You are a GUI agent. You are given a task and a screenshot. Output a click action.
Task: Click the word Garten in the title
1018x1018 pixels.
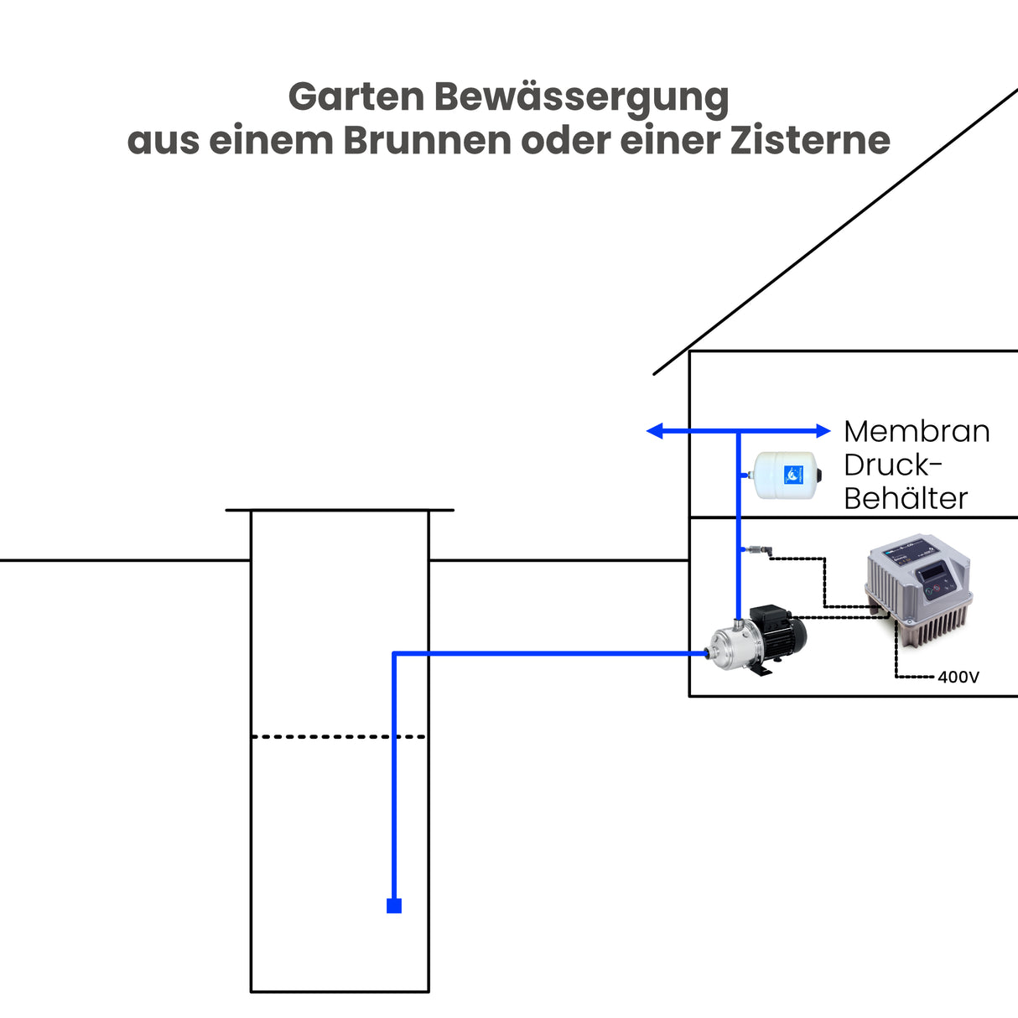point(356,97)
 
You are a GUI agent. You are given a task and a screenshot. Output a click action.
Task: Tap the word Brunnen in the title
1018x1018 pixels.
point(427,140)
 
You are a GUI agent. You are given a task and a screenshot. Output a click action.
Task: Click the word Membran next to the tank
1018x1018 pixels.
point(917,431)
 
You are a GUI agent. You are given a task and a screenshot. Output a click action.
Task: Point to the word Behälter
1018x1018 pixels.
point(906,498)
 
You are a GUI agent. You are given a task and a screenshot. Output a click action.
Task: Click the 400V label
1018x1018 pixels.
point(958,677)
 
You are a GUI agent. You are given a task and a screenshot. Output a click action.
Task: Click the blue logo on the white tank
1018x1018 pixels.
point(793,475)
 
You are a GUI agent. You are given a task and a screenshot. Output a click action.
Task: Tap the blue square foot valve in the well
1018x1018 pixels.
point(393,906)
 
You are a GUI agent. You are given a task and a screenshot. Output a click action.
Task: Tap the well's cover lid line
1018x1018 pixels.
point(340,510)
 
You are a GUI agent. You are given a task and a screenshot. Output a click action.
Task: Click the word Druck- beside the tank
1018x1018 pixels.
point(893,465)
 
